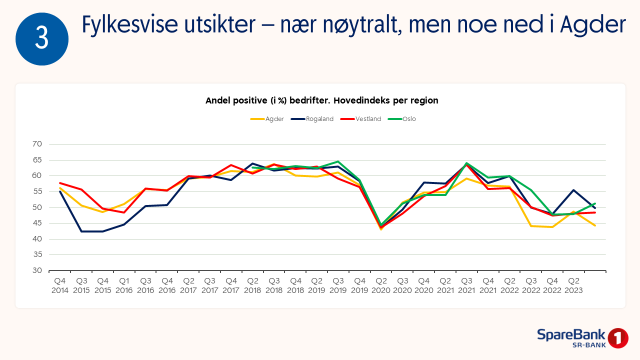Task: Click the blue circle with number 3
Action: (x=42, y=39)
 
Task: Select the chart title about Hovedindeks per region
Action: (x=321, y=100)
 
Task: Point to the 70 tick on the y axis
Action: (x=37, y=144)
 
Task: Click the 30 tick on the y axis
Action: (x=37, y=270)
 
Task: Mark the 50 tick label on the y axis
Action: (x=37, y=207)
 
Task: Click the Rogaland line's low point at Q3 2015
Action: (x=81, y=231)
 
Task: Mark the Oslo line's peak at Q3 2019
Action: (x=338, y=161)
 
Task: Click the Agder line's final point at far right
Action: (x=595, y=225)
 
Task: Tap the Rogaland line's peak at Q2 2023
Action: (x=573, y=190)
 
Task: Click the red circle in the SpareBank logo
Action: (x=618, y=338)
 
